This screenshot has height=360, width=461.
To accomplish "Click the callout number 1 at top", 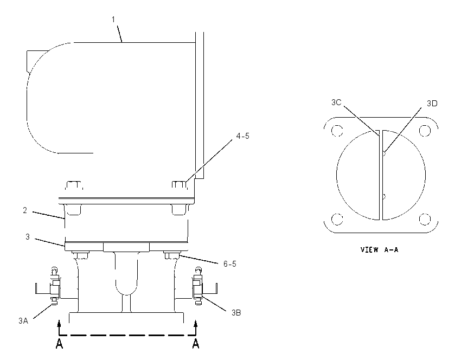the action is (x=113, y=20).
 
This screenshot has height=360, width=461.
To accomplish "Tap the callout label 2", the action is (x=25, y=210).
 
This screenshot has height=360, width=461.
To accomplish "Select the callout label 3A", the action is (x=23, y=321).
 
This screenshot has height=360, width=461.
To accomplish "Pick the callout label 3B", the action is (x=236, y=313).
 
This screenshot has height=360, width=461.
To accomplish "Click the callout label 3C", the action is (x=336, y=102).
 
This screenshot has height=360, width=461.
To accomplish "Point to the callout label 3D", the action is (x=432, y=104).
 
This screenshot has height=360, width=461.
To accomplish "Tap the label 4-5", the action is (x=242, y=136).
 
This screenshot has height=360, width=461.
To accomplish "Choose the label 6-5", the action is (x=229, y=264).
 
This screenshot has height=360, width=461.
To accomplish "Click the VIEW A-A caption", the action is (x=379, y=250).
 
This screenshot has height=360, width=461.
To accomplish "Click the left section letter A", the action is (x=59, y=344).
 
